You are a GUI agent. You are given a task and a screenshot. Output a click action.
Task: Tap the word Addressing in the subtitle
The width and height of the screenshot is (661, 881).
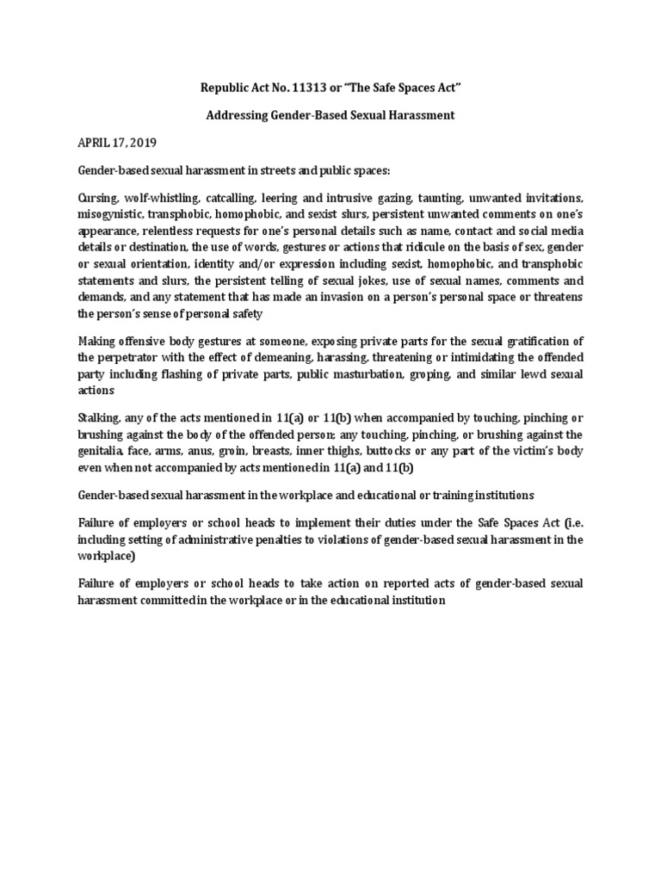tap(242, 115)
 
